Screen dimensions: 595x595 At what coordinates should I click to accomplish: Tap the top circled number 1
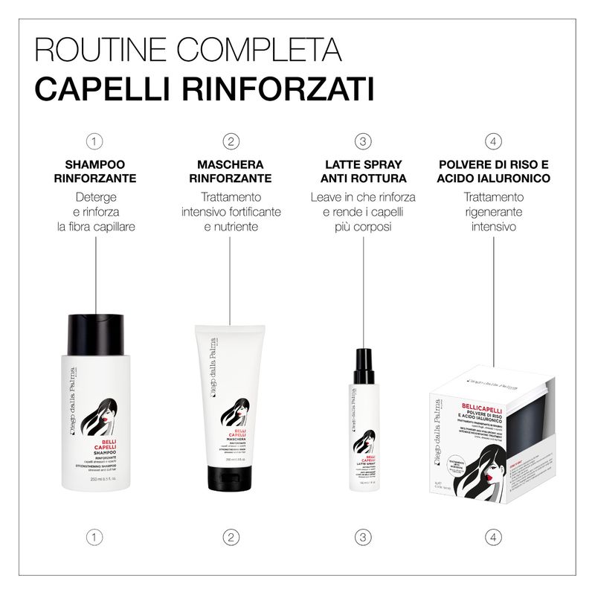[94, 141]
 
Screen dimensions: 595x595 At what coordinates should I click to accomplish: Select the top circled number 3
[363, 141]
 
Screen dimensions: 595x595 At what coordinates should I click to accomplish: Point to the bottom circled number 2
[231, 536]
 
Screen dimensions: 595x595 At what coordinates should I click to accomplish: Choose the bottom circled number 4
[494, 536]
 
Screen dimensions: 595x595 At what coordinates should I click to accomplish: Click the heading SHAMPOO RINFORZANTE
[94, 171]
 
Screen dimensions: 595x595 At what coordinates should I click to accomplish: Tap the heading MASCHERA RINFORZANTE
[231, 171]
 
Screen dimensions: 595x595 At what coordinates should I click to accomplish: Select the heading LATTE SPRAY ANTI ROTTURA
[363, 171]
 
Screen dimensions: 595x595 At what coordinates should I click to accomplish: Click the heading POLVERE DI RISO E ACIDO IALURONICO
[494, 171]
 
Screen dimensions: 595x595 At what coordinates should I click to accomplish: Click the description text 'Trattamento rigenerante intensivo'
[494, 211]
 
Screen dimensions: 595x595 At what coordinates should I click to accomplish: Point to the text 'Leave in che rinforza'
[363, 198]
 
